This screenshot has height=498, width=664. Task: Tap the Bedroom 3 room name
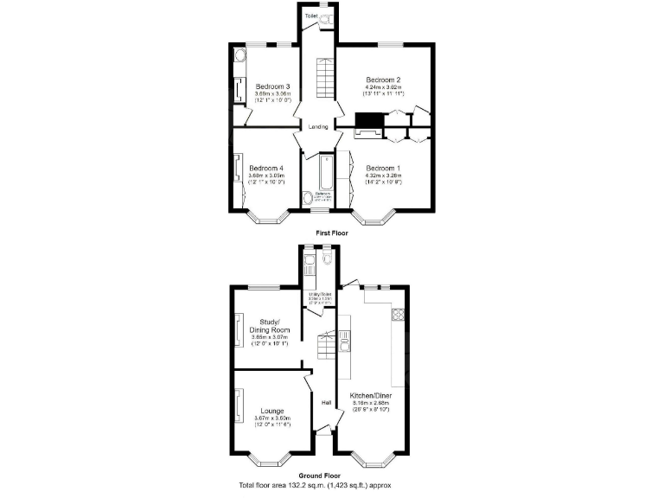(272, 86)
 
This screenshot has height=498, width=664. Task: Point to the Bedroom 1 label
(384, 168)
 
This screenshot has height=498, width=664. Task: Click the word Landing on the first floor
(318, 127)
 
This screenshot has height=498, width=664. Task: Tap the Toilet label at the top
(310, 16)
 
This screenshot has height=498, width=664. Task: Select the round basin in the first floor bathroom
(310, 198)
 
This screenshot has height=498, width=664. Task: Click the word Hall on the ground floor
(327, 403)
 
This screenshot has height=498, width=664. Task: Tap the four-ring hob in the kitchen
(399, 314)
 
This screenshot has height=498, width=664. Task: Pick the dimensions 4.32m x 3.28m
(384, 176)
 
